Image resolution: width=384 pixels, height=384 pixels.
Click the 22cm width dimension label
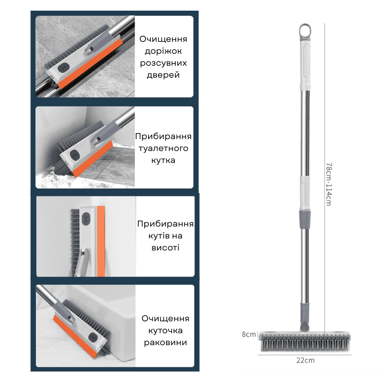[305, 360]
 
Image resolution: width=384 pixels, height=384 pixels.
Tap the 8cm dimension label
[249, 334]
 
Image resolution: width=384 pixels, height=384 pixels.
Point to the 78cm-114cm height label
[329, 184]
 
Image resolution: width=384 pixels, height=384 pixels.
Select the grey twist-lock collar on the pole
[305, 219]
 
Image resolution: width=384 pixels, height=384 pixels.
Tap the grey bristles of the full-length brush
[305, 343]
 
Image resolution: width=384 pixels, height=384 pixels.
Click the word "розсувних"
[163, 63]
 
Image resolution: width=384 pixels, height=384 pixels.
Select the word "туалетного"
[163, 148]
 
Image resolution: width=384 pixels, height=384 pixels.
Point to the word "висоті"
[166, 247]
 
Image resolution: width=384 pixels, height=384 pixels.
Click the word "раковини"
[166, 342]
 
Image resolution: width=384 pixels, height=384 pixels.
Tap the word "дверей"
[163, 75]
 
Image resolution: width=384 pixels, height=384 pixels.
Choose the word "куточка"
[166, 331]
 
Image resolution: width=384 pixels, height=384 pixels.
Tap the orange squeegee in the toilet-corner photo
[93, 159]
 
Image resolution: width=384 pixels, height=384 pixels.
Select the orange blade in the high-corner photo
[101, 241]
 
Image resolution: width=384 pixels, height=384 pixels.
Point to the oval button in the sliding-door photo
[64, 68]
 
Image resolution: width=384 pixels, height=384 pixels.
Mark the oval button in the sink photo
[93, 338]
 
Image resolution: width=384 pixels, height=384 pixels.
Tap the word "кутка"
[163, 160]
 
